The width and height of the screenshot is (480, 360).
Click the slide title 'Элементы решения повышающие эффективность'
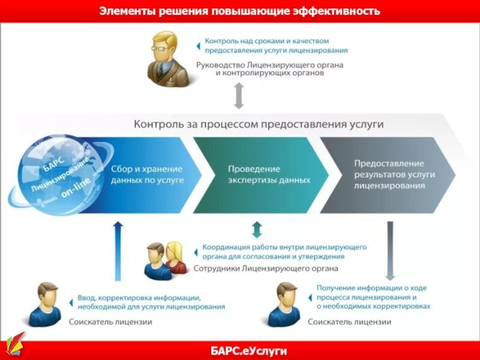point(240,11)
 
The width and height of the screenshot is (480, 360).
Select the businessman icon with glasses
point(170,58)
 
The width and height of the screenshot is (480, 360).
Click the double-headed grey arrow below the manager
point(239,96)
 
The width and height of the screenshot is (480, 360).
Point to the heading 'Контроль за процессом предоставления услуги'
point(259,124)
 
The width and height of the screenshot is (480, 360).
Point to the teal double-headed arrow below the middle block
point(257,230)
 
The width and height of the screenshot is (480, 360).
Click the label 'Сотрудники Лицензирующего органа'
point(266,268)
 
